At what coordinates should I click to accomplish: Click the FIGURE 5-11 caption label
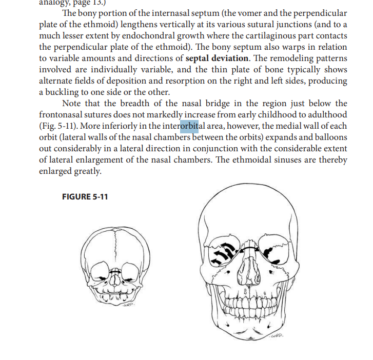point(85,197)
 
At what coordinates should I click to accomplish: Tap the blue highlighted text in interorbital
point(189,126)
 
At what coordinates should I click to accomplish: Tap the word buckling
point(64,92)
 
